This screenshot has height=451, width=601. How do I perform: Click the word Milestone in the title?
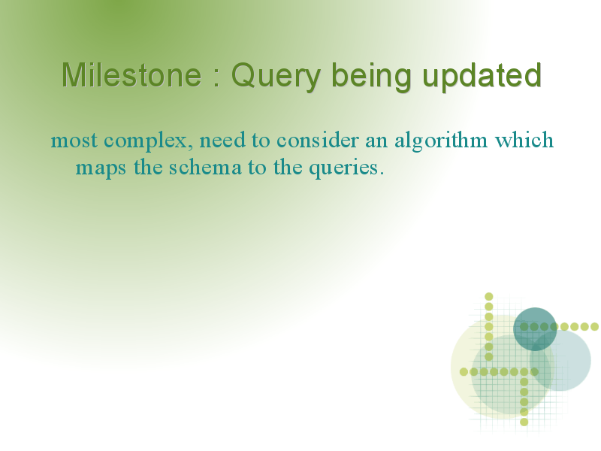tap(131, 75)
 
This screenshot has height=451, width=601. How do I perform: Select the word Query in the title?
tap(276, 77)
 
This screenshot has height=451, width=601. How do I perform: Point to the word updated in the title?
tap(482, 77)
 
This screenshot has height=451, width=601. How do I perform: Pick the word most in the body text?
tap(74, 140)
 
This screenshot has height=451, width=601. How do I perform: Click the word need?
tap(222, 140)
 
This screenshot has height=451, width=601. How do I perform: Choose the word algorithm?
tap(441, 141)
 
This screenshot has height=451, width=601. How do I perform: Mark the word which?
tap(524, 140)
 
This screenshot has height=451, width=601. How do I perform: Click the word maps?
tap(101, 168)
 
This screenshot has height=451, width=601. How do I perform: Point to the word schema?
tap(205, 167)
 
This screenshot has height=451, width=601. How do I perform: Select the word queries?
tap(344, 168)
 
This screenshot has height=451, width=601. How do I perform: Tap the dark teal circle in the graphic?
tap(535, 329)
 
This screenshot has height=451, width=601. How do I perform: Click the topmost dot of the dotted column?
tap(489, 296)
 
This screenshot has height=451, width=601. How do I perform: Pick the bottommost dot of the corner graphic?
tap(524, 422)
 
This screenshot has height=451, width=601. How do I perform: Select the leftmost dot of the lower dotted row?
tap(464, 371)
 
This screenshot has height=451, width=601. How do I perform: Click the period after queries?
tap(382, 174)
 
